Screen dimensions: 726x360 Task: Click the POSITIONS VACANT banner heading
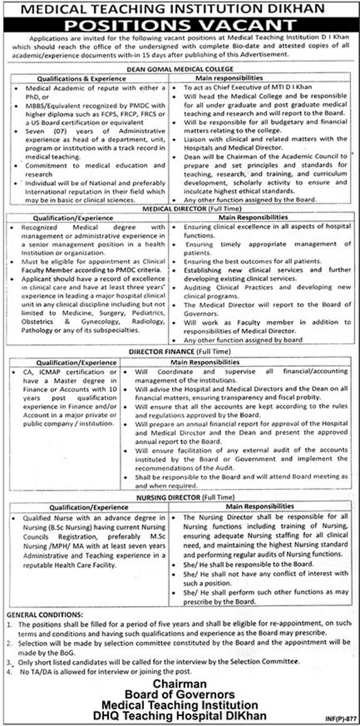coord(180,24)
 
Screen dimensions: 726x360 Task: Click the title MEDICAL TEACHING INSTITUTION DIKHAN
coord(180,8)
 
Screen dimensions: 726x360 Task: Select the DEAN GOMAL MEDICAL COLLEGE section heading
coord(180,69)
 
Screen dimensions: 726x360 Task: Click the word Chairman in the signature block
coord(180,684)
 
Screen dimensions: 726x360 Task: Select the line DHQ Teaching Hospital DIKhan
coord(180,715)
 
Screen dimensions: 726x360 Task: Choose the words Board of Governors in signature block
coord(180,694)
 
